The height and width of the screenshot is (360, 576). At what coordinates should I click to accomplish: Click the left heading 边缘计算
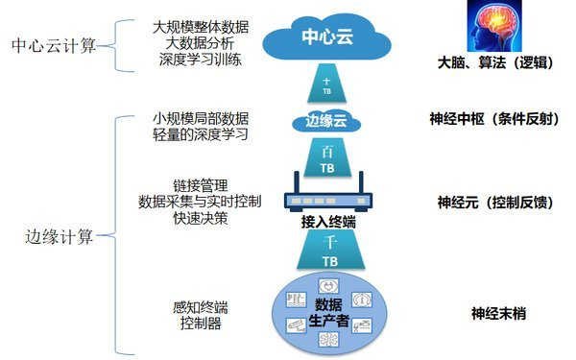[60, 237]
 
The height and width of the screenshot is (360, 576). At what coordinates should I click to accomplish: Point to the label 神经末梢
[497, 313]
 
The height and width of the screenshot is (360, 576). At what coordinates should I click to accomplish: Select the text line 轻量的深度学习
[200, 133]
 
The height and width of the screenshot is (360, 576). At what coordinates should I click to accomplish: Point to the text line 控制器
[201, 324]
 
